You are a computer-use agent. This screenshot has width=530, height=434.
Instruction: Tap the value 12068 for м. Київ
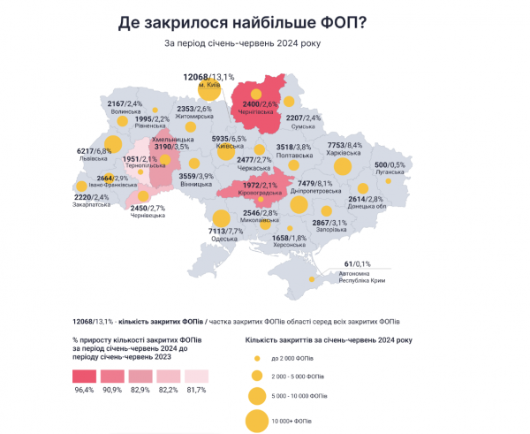196,77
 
